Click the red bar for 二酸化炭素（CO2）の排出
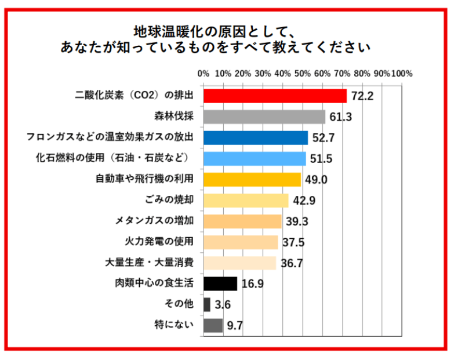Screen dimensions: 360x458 [x=275, y=96]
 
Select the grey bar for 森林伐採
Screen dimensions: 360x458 [x=264, y=117]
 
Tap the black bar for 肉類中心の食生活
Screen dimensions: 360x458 [x=220, y=283]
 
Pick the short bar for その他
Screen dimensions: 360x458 [x=207, y=304]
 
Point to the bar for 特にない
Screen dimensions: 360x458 [x=213, y=325]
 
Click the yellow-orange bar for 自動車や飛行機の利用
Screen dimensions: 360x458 [x=252, y=179]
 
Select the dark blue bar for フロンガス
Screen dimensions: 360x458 [x=256, y=137]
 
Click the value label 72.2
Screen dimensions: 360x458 [x=362, y=96]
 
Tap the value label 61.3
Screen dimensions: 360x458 [x=340, y=117]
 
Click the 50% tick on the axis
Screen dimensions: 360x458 [x=303, y=74]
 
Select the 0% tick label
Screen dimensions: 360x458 [x=203, y=74]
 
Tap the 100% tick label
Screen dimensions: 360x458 [x=402, y=74]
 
